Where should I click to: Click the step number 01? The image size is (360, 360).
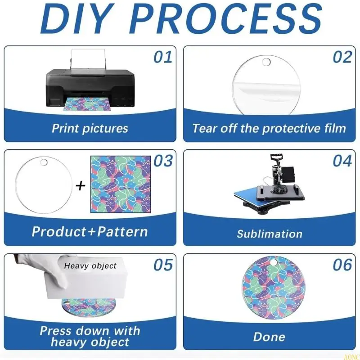(x=163, y=57)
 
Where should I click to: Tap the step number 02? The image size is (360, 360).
(x=342, y=57)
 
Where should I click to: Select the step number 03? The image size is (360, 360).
(x=163, y=161)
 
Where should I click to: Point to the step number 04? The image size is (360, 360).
(x=342, y=161)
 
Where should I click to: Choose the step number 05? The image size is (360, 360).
(x=163, y=265)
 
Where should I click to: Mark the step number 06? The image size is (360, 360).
(x=342, y=265)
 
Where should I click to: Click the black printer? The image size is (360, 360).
(x=90, y=88)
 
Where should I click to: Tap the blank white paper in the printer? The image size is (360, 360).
(x=88, y=59)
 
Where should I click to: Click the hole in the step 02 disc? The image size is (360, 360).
(x=266, y=62)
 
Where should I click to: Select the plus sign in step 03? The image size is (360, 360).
(x=81, y=185)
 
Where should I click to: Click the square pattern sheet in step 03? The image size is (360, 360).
(x=121, y=184)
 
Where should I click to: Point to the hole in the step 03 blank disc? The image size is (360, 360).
(x=44, y=162)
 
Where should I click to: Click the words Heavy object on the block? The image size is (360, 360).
(x=90, y=266)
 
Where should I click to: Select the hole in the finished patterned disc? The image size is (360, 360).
(x=273, y=262)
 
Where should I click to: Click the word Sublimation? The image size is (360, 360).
(x=270, y=234)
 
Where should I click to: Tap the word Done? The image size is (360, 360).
(x=269, y=337)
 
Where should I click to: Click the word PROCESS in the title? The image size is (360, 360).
(x=227, y=18)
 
